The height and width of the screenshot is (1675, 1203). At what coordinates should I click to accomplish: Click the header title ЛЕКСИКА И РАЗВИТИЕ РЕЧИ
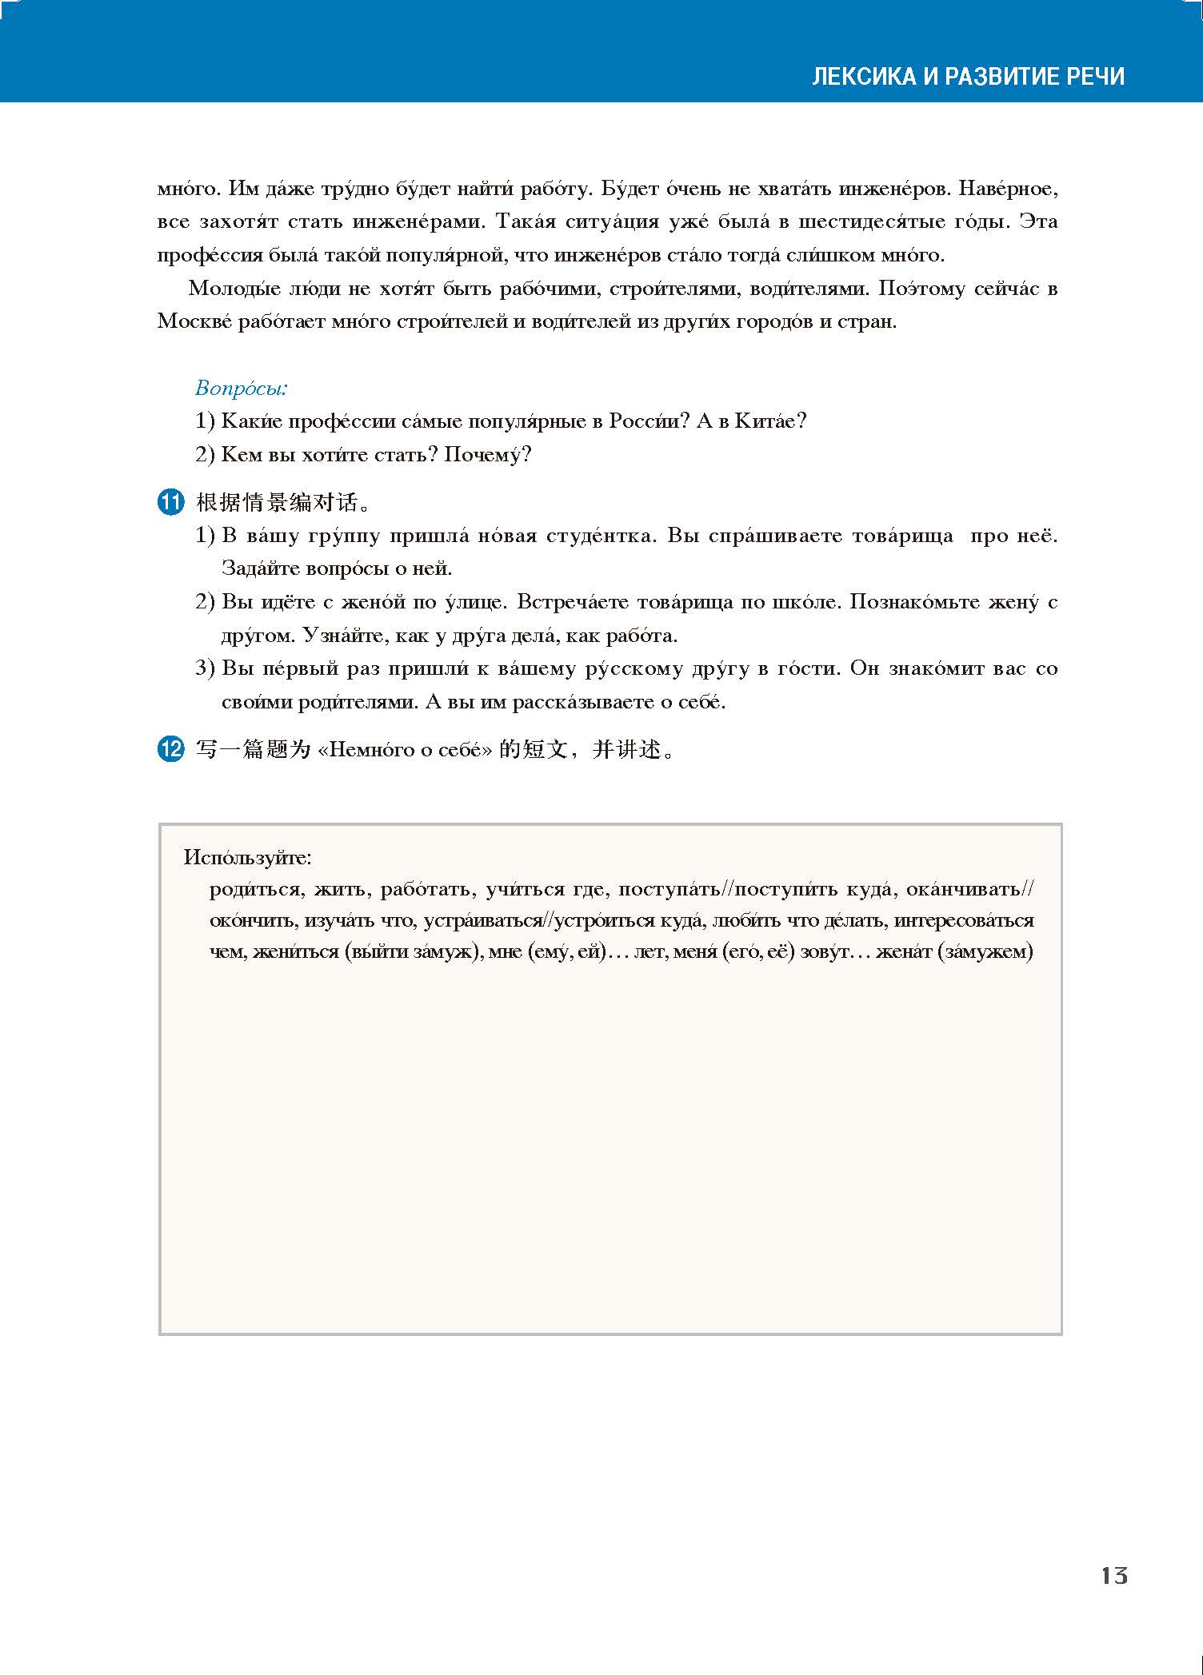coord(968,77)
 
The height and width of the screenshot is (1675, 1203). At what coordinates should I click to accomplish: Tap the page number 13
coord(1113,1576)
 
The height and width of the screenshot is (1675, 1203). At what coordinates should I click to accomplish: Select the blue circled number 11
coord(170,503)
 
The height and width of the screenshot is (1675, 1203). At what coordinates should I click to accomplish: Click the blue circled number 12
coord(170,750)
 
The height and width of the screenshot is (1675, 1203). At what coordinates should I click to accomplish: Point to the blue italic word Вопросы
coord(241,389)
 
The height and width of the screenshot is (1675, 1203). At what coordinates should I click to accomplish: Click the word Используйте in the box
coord(246,858)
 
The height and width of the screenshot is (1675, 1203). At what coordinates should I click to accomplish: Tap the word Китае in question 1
coord(769,421)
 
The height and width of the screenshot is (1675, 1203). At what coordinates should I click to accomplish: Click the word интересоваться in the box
coord(963,921)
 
